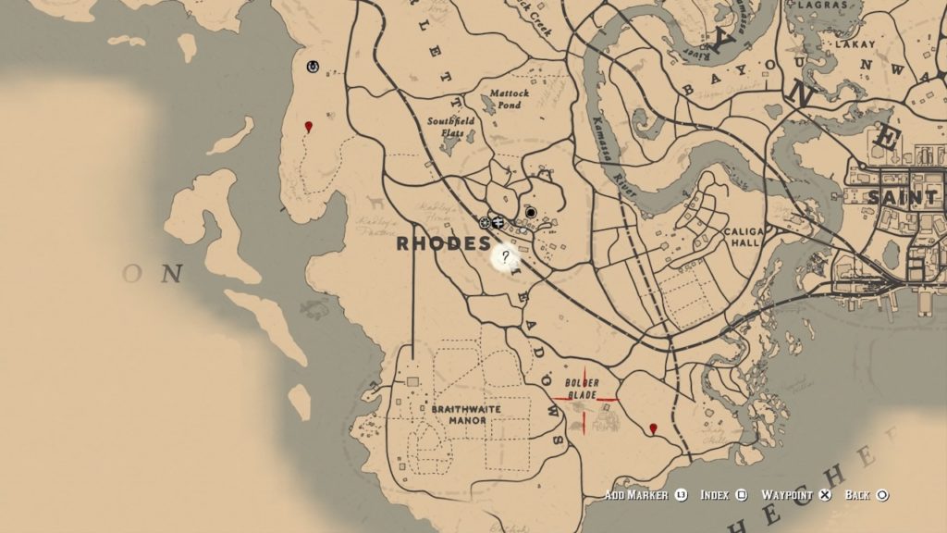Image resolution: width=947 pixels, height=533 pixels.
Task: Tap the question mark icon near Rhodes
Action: (505, 257)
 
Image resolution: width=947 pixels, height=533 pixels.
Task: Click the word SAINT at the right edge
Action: (902, 198)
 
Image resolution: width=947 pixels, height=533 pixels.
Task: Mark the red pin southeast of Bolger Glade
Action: (654, 428)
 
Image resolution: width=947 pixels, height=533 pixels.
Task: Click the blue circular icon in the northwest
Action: (313, 66)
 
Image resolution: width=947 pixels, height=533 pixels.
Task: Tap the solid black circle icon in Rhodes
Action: (531, 212)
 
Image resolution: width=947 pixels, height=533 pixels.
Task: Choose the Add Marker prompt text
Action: (636, 496)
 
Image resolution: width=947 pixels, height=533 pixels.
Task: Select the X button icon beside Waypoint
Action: (825, 496)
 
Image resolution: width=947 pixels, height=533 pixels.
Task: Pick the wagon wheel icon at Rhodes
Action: (484, 222)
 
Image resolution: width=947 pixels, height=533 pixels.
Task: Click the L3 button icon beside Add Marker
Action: (681, 496)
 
